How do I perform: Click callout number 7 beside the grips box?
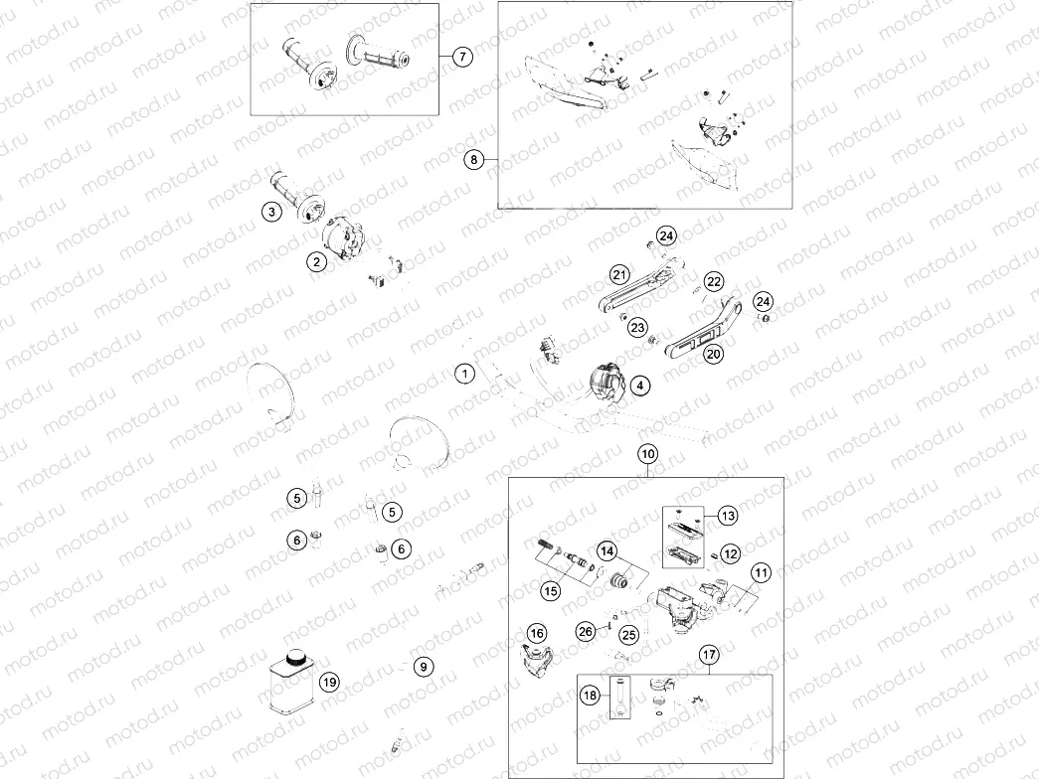pos(462,57)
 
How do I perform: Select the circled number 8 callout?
pos(474,160)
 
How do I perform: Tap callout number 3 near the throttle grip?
pos(271,212)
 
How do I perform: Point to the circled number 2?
pos(317,261)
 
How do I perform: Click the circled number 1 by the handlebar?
pos(465,374)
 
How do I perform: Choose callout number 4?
pos(639,386)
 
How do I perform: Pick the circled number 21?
pos(619,274)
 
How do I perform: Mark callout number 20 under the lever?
pos(713,354)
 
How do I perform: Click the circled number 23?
pos(637,327)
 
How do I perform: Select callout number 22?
pos(713,281)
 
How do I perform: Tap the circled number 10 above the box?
pos(647,454)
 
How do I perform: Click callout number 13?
pos(728,516)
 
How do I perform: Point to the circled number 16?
pos(537,634)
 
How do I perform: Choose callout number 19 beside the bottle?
pos(329,682)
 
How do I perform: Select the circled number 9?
pos(425,667)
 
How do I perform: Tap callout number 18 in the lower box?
pos(590,695)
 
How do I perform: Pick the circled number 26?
pos(585,631)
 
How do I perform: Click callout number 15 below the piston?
pos(550,590)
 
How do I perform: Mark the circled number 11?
pos(761,573)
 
